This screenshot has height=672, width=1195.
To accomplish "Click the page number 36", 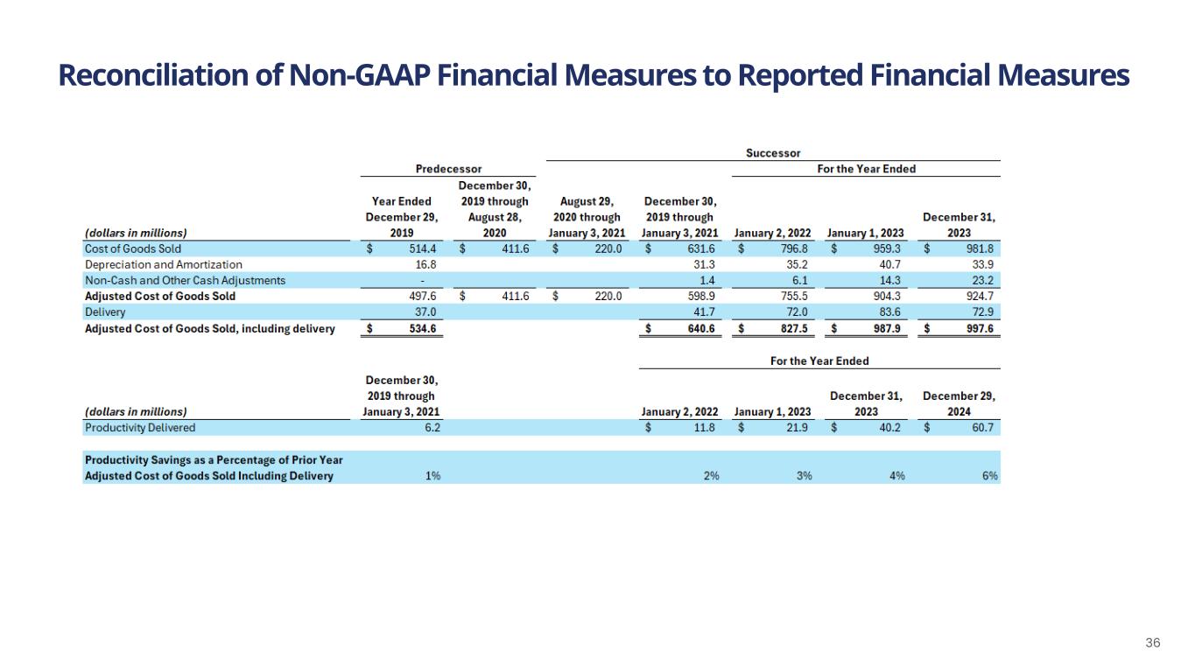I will click(1153, 643).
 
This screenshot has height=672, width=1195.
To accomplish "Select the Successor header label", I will click(772, 153).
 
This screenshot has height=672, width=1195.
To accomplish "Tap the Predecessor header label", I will click(448, 169).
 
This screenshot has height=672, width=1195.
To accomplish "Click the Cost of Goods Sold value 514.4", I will click(423, 248).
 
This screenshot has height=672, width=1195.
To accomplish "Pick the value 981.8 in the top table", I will click(981, 248).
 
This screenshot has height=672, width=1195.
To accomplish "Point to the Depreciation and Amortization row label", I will click(164, 264).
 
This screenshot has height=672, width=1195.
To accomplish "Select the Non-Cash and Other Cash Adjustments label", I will click(185, 280).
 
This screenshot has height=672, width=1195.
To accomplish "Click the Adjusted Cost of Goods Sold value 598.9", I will click(701, 297).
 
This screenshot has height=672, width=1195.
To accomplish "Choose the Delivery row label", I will click(105, 312).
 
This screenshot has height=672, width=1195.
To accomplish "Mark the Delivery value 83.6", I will click(887, 312).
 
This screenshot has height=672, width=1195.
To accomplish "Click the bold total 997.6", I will click(980, 329).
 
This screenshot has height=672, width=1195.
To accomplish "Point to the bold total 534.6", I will click(423, 329).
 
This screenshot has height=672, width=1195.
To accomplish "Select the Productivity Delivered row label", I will click(140, 428).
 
